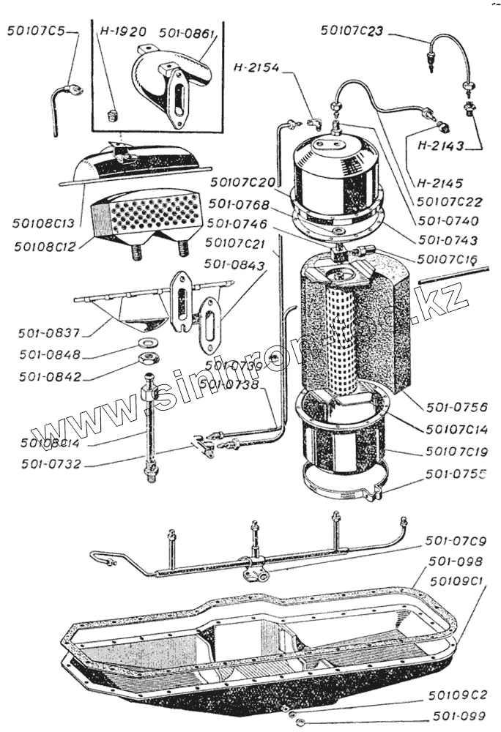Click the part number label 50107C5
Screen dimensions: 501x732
click(x=35, y=31)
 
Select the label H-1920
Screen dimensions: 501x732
click(x=123, y=32)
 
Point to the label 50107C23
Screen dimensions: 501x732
click(x=353, y=31)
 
